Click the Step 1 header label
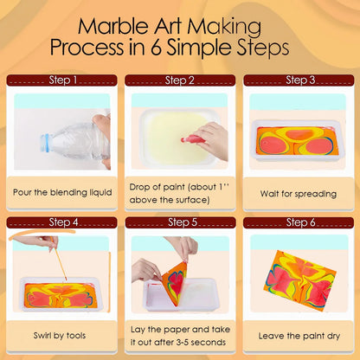click(x=63, y=80)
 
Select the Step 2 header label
click(x=179, y=80)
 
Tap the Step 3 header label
click(x=299, y=80)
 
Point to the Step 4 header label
click(x=63, y=222)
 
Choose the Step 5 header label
click(x=179, y=222)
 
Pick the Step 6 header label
click(x=299, y=222)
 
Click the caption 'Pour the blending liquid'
click(x=61, y=192)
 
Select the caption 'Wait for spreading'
click(x=299, y=192)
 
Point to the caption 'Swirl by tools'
click(x=62, y=334)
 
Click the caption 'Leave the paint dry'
click(x=299, y=334)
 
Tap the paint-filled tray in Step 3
click(x=296, y=140)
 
